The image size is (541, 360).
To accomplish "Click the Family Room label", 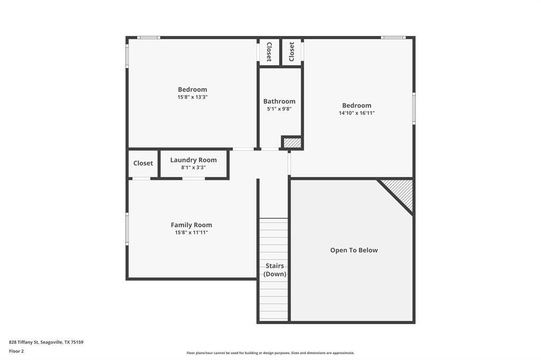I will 191,225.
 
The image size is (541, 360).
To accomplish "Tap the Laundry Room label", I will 193,160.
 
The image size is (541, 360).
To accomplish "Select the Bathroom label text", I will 279,101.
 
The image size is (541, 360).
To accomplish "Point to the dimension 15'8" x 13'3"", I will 192,97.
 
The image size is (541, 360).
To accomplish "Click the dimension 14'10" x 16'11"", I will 357,113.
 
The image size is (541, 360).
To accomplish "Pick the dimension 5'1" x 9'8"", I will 279,109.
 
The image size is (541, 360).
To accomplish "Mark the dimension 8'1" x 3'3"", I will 193,167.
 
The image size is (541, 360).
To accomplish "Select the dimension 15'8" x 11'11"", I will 191,232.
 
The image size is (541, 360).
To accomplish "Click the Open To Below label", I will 354,250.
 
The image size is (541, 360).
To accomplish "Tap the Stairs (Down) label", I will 275,270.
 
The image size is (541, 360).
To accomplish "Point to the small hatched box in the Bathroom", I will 292,143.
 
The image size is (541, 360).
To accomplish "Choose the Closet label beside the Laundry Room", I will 143,163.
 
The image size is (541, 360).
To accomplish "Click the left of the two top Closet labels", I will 269,52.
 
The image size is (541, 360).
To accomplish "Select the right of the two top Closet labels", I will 292,52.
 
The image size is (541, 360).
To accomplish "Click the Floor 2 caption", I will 16,350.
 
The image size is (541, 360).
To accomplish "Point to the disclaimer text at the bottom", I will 270,353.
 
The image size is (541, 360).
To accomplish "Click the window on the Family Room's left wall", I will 127,229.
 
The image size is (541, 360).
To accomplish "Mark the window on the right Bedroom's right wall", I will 414,108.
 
